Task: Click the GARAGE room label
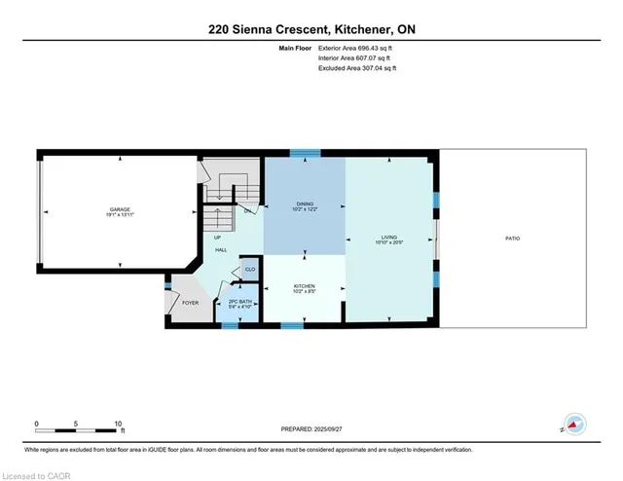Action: (119, 209)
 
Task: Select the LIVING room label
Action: (389, 237)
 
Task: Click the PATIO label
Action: (512, 237)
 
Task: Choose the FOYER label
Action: (190, 303)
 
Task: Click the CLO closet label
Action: (249, 270)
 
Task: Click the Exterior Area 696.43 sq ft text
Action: (355, 48)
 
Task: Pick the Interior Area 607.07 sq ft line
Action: (354, 58)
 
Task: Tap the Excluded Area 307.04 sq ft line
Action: (356, 69)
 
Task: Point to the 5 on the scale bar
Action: (76, 424)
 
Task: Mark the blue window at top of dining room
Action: (306, 152)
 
